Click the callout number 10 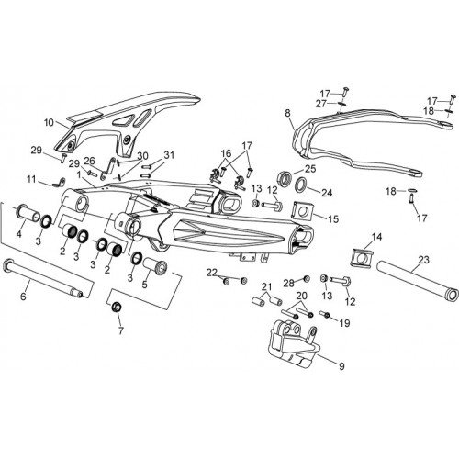[x=49, y=123]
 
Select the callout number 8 [x=287, y=113]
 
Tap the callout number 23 [x=424, y=260]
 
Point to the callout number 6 [x=24, y=297]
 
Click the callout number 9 [x=341, y=366]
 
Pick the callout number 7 [x=121, y=330]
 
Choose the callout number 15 [x=333, y=219]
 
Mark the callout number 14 [x=377, y=237]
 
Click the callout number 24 [x=327, y=193]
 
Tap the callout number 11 [x=31, y=179]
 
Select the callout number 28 [x=288, y=284]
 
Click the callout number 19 [x=345, y=323]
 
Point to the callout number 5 [x=144, y=285]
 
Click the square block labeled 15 [x=302, y=211]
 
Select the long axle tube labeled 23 [x=418, y=281]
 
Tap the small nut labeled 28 [x=306, y=278]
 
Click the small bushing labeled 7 [x=117, y=307]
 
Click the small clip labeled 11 [x=58, y=183]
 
